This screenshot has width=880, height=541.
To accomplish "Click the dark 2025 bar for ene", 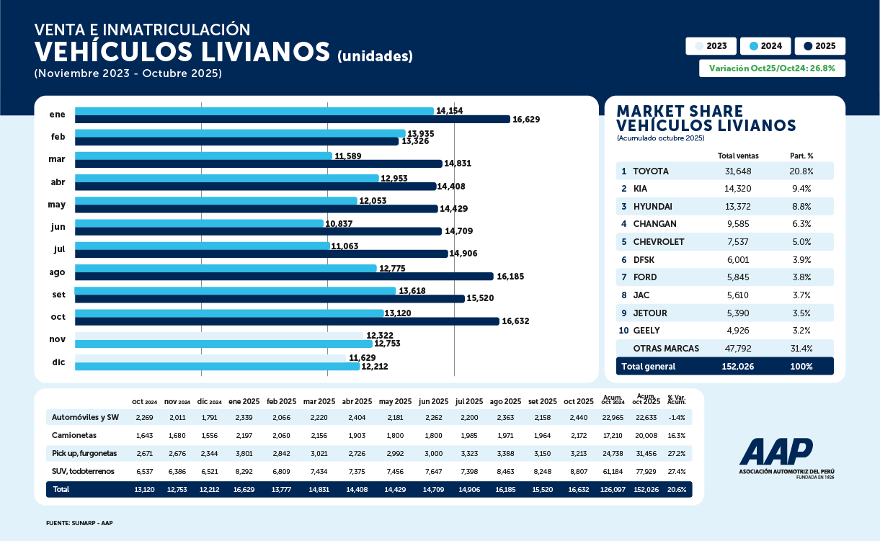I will pyautogui.click(x=292, y=120).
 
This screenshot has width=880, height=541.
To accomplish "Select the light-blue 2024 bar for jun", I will pyautogui.click(x=199, y=223).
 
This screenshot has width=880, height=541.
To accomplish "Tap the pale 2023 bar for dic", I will pyautogui.click(x=211, y=357).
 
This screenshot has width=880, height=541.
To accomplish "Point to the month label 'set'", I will pyautogui.click(x=58, y=294).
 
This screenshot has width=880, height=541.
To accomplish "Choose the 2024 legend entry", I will pyautogui.click(x=765, y=46).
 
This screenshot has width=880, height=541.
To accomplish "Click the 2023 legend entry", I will pyautogui.click(x=711, y=46).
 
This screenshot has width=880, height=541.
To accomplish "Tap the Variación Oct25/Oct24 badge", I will pyautogui.click(x=772, y=68).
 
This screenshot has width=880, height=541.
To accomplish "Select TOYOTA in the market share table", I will pyautogui.click(x=651, y=171).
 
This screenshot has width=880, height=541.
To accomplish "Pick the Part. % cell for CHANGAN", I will pyautogui.click(x=801, y=224).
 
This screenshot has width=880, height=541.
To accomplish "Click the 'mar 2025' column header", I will pyautogui.click(x=319, y=401).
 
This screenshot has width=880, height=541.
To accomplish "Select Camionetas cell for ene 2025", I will pyautogui.click(x=244, y=436).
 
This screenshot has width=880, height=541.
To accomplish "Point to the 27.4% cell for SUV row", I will pyautogui.click(x=677, y=471).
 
